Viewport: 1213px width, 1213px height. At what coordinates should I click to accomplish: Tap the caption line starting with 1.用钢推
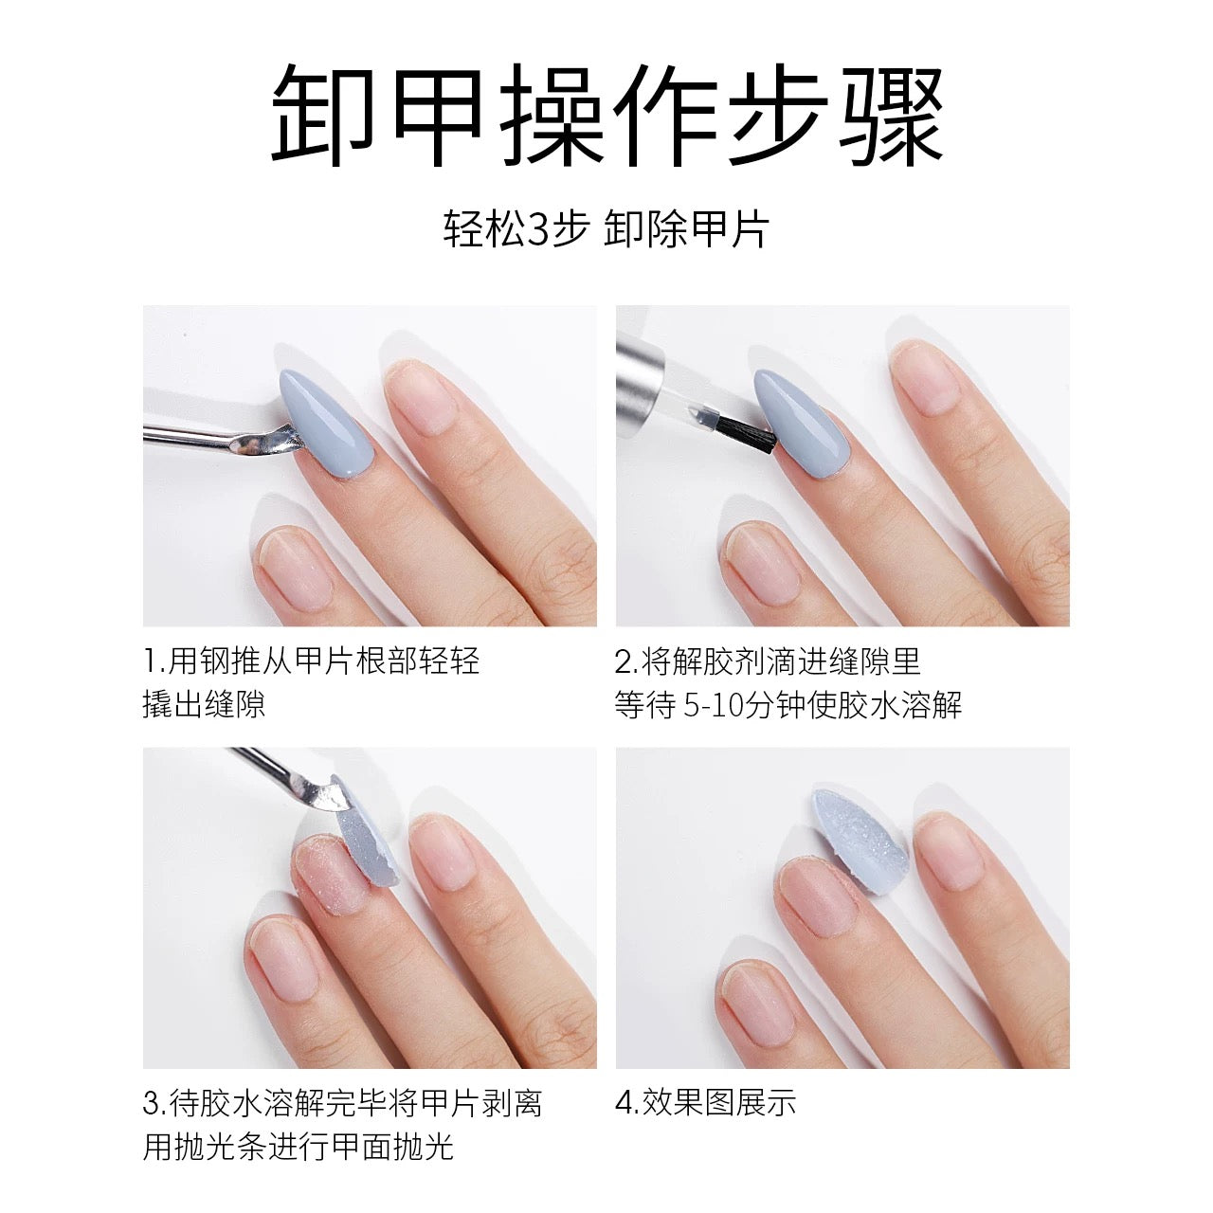tap(312, 660)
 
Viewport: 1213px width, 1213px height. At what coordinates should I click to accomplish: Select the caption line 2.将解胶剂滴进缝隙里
tap(768, 660)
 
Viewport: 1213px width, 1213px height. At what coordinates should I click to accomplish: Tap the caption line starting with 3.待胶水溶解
tap(342, 1103)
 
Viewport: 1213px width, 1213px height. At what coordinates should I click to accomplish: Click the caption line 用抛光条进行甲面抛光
tap(299, 1148)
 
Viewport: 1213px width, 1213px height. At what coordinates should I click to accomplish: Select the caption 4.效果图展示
tap(706, 1103)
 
